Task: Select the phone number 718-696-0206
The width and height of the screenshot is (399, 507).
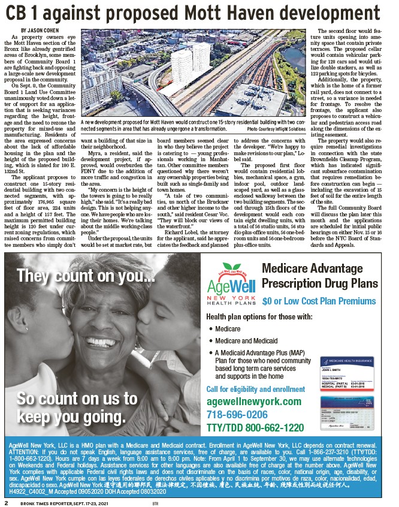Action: pyautogui.click(x=237, y=415)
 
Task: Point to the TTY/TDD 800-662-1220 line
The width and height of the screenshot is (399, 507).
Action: pyautogui.click(x=255, y=428)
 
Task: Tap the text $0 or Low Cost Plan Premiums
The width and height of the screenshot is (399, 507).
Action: pyautogui.click(x=319, y=300)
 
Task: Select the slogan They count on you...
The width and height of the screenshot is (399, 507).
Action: pyautogui.click(x=78, y=276)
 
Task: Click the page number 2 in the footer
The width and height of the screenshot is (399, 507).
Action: pyautogui.click(x=6, y=502)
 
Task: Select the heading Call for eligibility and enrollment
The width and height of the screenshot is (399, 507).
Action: pyautogui.click(x=255, y=390)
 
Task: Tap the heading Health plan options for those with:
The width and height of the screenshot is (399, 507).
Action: pyautogui.click(x=259, y=316)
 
